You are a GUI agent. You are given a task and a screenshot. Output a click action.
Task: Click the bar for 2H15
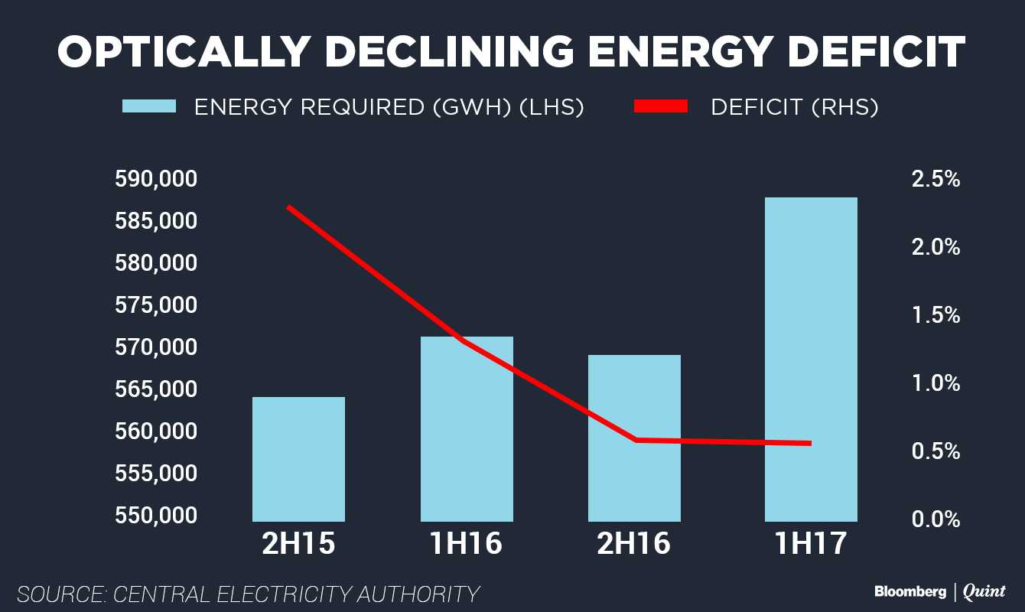point(298,459)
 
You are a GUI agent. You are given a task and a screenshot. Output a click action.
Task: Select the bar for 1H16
point(467,428)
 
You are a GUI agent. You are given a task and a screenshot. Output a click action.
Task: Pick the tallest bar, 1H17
point(811,360)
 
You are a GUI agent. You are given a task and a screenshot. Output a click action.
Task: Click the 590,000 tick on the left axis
point(156,180)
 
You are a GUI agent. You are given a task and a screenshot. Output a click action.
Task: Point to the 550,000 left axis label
point(156,516)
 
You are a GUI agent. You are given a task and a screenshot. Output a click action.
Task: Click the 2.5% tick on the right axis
point(935,180)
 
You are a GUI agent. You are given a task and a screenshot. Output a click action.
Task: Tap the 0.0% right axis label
point(935,519)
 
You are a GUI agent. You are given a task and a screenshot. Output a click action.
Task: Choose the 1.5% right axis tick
point(935,315)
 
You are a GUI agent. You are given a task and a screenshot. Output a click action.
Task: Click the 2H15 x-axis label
point(298,544)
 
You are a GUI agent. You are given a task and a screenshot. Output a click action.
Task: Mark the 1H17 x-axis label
point(811,544)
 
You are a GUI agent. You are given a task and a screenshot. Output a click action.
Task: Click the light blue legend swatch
point(149,107)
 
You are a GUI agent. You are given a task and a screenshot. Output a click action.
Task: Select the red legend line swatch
point(661,107)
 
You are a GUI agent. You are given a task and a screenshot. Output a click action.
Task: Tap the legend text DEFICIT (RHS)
point(794,107)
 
